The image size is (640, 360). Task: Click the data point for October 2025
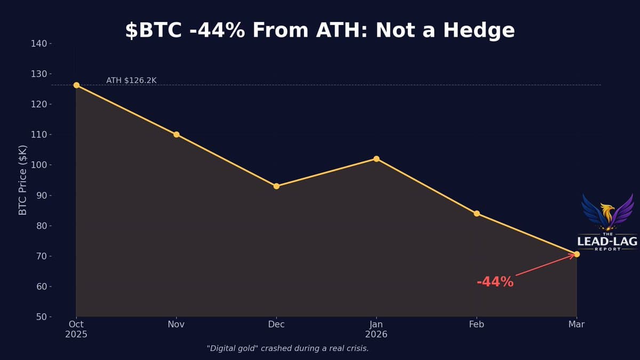tap(76, 85)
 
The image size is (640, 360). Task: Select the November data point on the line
tap(177, 134)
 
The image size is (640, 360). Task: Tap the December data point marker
tap(276, 186)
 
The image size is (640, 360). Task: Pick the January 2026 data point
tap(377, 159)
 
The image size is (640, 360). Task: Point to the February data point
tap(477, 213)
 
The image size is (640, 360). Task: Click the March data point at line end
tap(577, 254)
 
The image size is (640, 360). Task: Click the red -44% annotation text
tap(495, 282)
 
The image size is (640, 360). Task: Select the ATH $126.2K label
tap(131, 81)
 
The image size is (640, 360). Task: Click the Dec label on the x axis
tap(276, 324)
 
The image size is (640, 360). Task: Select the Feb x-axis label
tap(476, 324)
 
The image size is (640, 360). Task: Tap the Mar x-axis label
tap(577, 324)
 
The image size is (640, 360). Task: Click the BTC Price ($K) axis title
tap(23, 180)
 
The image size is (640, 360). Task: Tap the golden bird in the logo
tap(607, 213)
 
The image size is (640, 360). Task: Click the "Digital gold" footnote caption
tap(287, 348)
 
